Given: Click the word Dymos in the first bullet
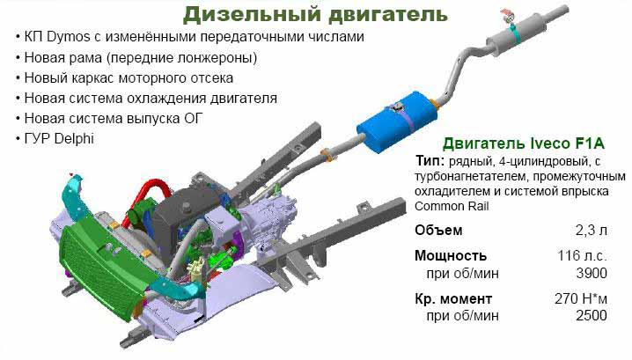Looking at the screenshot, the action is pos(68,37).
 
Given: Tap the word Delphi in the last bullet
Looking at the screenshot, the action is pos(74,139).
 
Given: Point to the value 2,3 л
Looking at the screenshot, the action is pos(592,231).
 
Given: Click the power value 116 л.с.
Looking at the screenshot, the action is pos(583,255).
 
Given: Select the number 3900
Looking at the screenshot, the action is pos(592,274).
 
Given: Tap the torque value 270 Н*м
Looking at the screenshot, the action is pos(581,298).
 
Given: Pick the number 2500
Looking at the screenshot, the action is pos(592,316).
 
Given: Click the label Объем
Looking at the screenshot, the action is pos(438,231).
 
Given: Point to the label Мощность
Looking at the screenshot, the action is pos(451,255).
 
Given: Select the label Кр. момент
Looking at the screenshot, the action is pos(453,299).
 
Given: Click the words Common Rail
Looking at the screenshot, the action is pos(452,206).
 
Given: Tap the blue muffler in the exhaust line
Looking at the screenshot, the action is pos(397,121).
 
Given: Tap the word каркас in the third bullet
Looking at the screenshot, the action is pos(93,77).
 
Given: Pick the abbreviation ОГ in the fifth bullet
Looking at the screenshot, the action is pos(194,119).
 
